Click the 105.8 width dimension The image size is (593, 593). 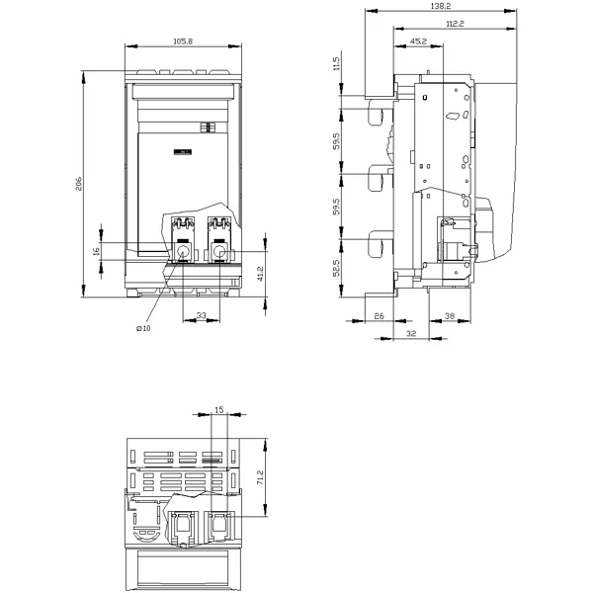point(183,41)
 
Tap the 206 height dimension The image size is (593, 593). point(79,184)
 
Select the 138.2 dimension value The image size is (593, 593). point(441,6)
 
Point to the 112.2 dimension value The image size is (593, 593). point(455,24)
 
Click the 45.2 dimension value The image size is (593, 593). point(418,41)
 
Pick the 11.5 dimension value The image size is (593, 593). point(337,63)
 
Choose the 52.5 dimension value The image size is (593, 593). point(337,268)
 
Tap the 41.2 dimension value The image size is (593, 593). point(260,274)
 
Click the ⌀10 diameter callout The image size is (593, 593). point(143,328)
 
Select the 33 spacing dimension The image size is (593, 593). point(202,315)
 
